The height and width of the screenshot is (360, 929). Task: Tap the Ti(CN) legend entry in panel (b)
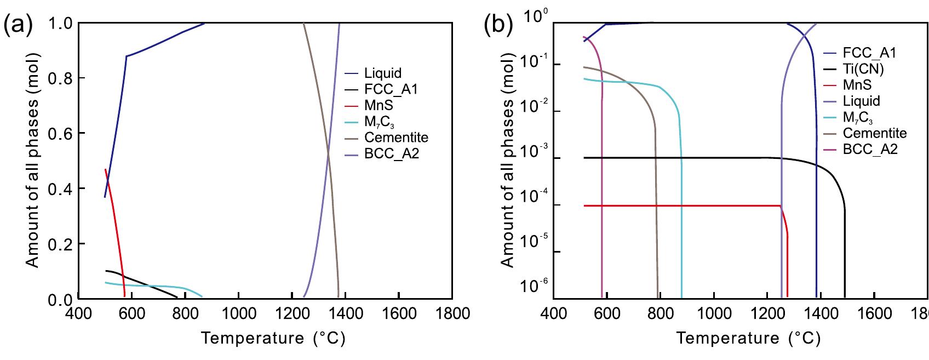(x=864, y=69)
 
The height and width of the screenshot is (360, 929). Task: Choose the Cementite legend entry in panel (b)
(x=875, y=133)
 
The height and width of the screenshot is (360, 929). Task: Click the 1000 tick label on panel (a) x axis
(x=238, y=314)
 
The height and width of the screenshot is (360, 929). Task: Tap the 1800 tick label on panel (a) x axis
(x=452, y=314)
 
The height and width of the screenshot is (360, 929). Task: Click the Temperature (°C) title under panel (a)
(x=273, y=338)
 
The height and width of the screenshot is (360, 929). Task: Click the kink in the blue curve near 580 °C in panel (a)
(x=127, y=56)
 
